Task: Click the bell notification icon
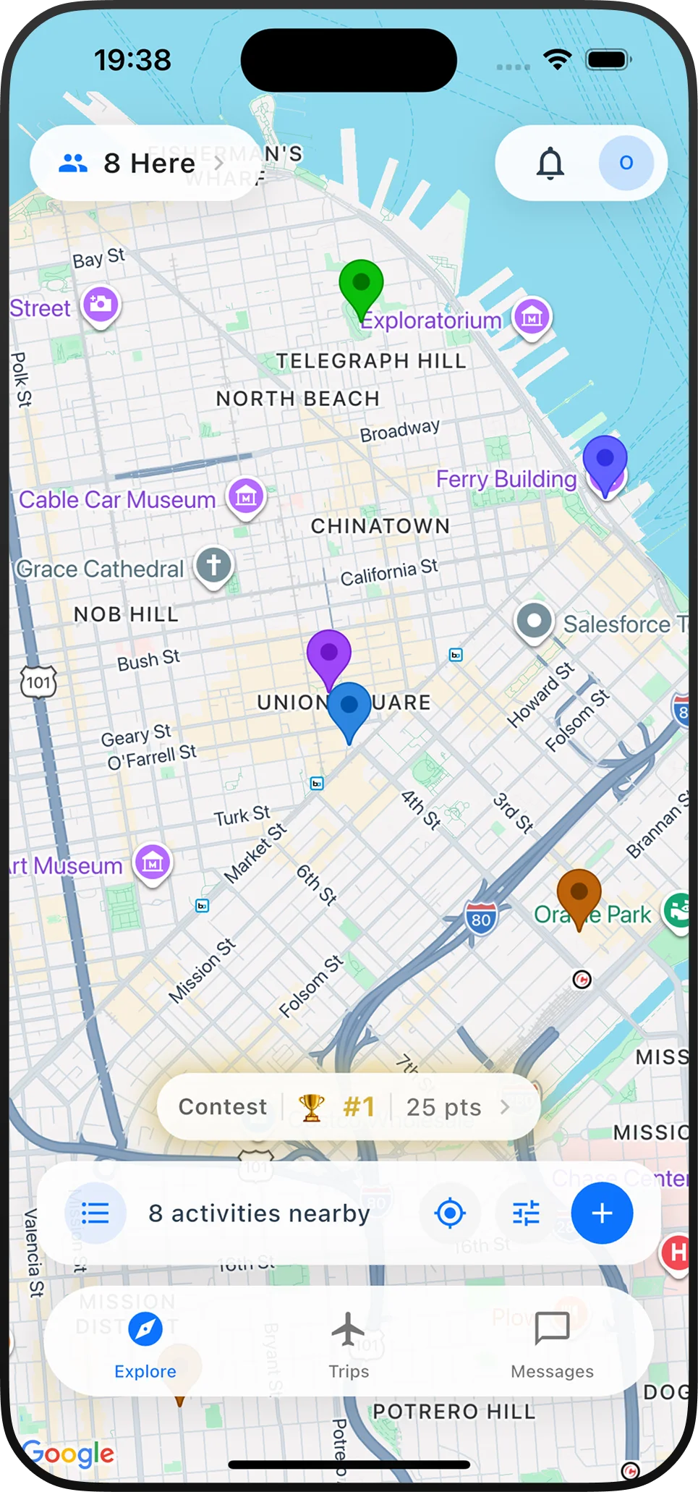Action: [x=550, y=164]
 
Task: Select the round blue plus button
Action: [x=602, y=1213]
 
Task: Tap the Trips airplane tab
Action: [x=349, y=1344]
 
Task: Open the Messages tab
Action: [x=552, y=1344]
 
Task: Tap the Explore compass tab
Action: [x=145, y=1344]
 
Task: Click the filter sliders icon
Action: [x=526, y=1213]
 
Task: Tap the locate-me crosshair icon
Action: [x=450, y=1213]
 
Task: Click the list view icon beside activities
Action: [x=95, y=1213]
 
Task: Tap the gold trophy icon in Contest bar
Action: [x=312, y=1107]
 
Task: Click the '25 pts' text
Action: [x=443, y=1107]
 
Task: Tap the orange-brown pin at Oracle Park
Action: [x=579, y=894]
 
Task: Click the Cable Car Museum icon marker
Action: [x=246, y=497]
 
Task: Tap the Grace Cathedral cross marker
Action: [x=213, y=565]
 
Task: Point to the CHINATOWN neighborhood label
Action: [x=380, y=526]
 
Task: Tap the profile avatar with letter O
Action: [x=626, y=164]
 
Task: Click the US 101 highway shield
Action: [x=38, y=682]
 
